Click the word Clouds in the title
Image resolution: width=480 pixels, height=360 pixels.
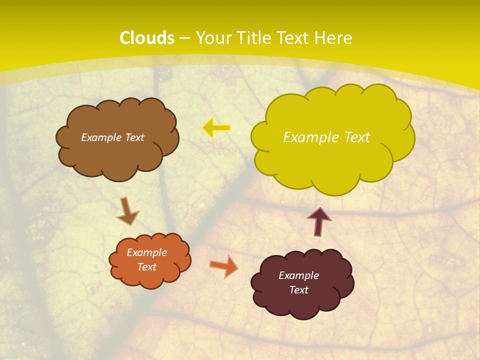pos(147,38)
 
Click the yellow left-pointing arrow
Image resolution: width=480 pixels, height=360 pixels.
pos(216,128)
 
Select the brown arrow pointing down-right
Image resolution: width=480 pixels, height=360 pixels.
pos(128,211)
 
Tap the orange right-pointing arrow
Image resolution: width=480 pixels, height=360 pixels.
pos(224,266)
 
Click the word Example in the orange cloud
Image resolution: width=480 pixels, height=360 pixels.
pos(146,252)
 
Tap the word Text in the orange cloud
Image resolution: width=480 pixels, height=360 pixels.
pos(146,267)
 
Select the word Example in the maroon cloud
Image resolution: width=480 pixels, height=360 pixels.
pos(298,275)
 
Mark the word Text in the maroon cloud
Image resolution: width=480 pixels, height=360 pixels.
pos(298,290)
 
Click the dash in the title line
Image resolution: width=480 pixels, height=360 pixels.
pos(184,38)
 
